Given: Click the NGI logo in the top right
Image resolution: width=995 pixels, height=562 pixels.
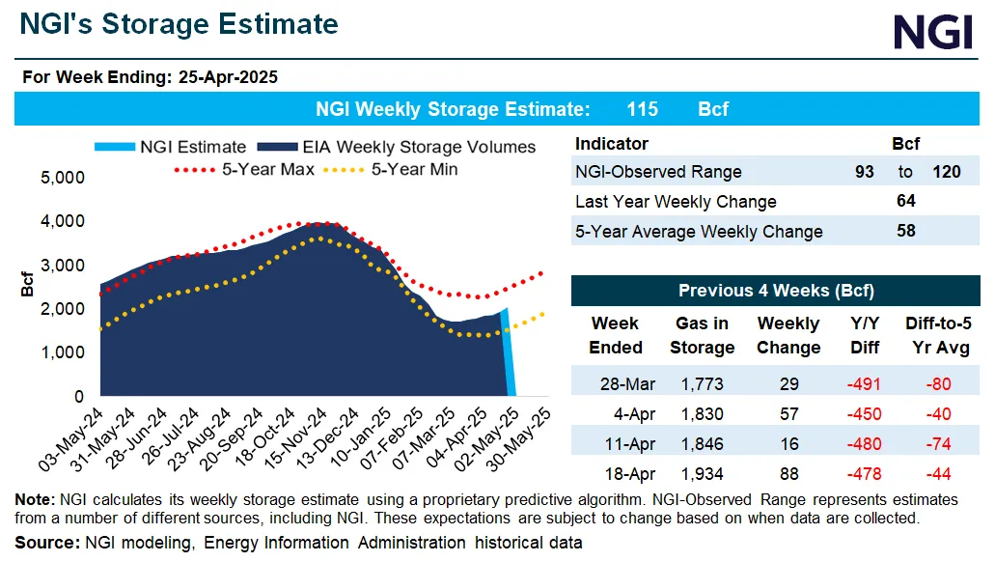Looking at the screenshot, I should pos(932,32).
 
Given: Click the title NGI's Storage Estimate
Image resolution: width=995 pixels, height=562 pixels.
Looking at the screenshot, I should pos(180,24).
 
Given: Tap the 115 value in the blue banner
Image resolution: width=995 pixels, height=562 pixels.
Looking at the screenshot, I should pos(642,109).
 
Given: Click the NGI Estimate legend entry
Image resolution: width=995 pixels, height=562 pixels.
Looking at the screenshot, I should pos(171,147).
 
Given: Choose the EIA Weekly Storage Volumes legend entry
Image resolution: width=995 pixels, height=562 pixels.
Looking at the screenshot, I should pos(405,147).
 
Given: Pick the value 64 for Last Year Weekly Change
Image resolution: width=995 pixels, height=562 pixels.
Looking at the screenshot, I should pos(905,201).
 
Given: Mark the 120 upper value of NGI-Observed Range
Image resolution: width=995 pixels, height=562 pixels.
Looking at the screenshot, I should pos(946,172).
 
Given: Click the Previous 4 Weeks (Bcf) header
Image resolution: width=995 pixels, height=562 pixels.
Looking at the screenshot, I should pos(776,290).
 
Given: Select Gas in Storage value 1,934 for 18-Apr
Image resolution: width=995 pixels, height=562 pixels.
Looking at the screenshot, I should pos(703,473).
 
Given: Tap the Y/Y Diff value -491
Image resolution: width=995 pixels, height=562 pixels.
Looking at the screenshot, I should pos(857,384).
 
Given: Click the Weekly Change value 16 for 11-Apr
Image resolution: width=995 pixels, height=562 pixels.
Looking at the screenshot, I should pos(788,443).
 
